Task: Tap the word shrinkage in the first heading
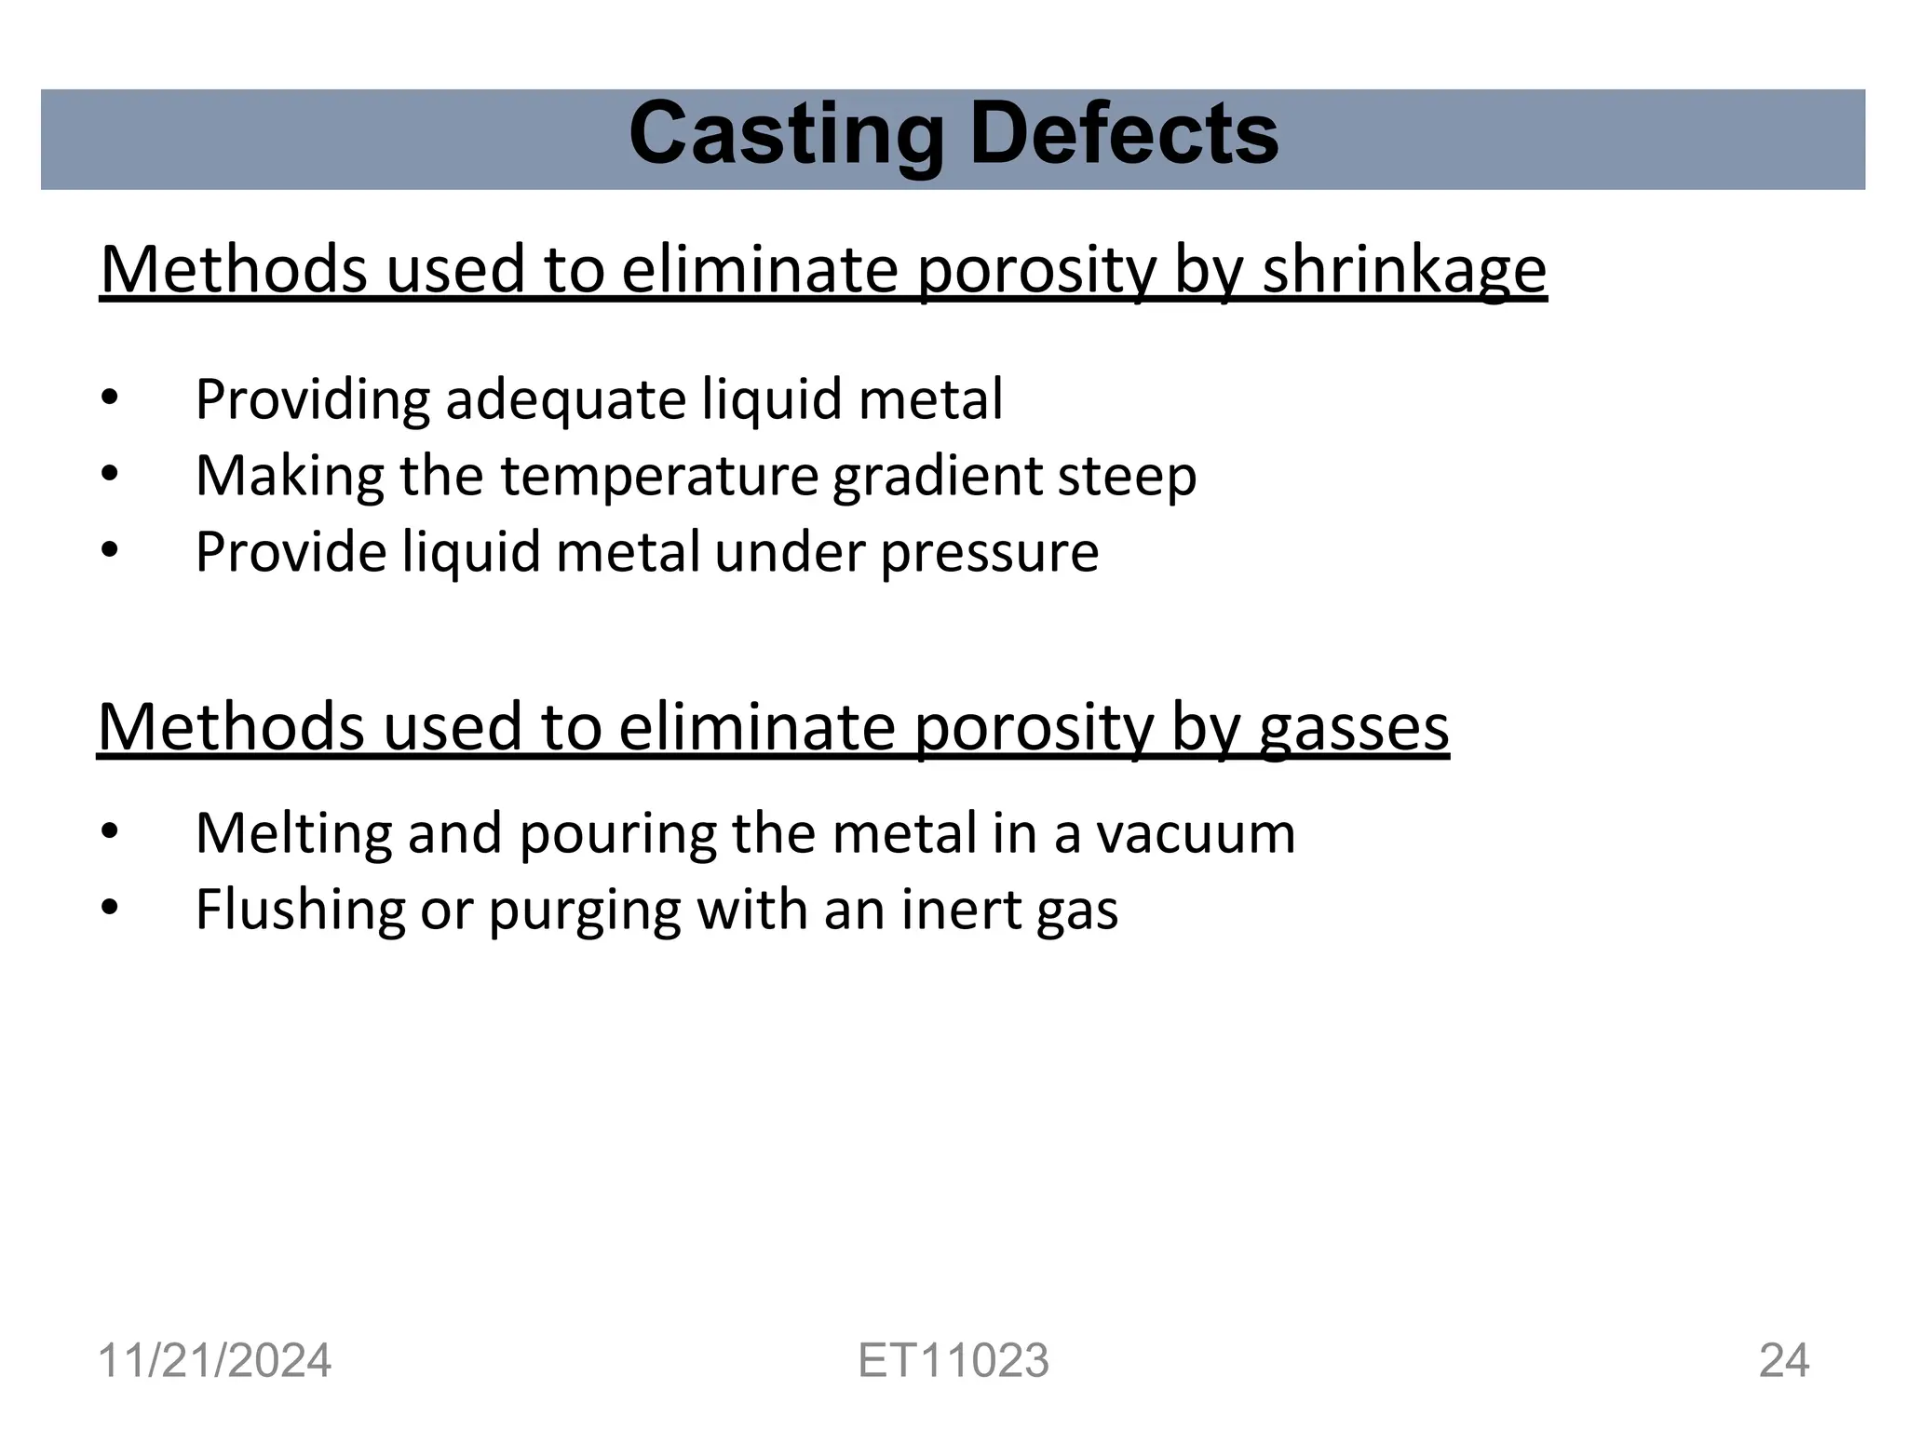coord(1403,271)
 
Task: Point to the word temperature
coord(660,477)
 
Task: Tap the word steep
coord(1127,477)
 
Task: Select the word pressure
coord(989,553)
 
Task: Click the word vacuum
coord(1195,833)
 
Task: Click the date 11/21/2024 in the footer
coord(214,1360)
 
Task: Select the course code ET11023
coord(953,1360)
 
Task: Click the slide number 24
coord(1783,1360)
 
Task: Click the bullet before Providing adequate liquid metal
coord(110,398)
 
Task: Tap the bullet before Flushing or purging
coord(110,908)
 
